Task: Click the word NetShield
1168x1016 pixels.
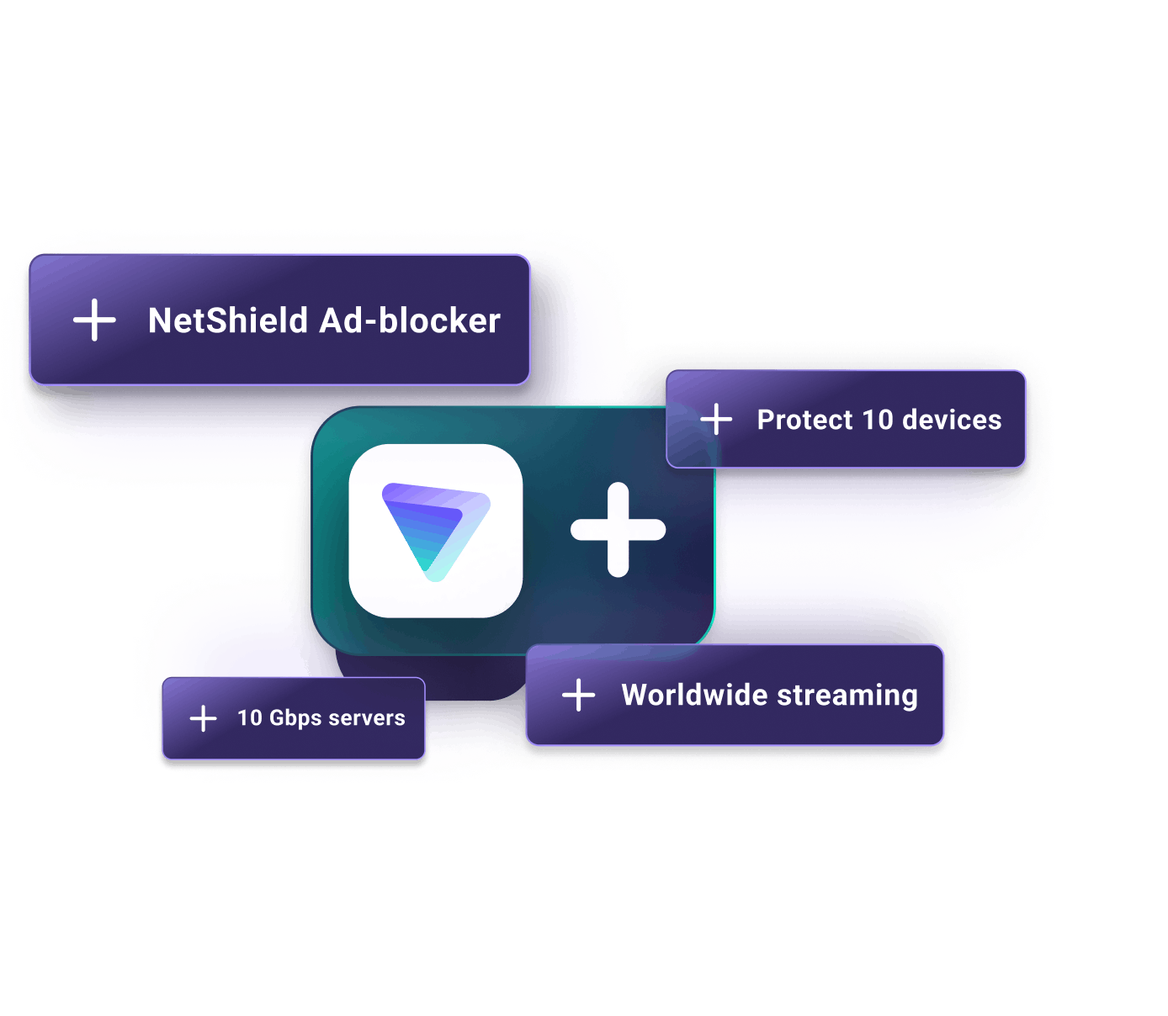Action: pos(228,320)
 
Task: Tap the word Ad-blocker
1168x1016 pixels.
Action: pos(409,320)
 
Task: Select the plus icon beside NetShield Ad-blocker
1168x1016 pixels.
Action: pos(94,320)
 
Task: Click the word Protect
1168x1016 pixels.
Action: pos(804,420)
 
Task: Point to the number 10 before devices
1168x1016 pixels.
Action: pos(878,420)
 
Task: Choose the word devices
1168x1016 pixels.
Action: pos(952,420)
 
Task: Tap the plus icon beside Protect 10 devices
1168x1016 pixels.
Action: pos(716,420)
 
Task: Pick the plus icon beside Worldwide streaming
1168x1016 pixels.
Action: pos(578,695)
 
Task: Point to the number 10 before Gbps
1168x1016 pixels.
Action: pos(249,717)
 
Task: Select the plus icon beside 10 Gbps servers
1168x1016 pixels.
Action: pos(203,717)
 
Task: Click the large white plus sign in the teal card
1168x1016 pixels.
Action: pos(619,529)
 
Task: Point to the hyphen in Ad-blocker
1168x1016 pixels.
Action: pos(370,323)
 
